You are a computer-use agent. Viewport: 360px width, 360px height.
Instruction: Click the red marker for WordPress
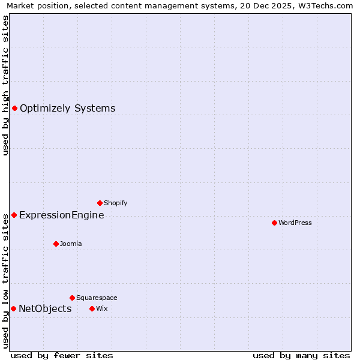tap(274, 223)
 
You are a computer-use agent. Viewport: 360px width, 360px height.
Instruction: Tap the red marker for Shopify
tap(100, 203)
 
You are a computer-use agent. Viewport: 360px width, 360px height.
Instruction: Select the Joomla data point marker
tap(56, 244)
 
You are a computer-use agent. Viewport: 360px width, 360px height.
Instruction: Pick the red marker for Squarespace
tap(72, 298)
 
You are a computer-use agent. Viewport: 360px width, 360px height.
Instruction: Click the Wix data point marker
tap(92, 308)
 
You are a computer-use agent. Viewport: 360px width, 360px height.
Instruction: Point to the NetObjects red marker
tap(13, 308)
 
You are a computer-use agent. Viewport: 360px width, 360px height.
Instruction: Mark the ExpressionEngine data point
tap(14, 215)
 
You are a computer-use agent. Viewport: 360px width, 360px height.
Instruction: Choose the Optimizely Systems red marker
tap(14, 108)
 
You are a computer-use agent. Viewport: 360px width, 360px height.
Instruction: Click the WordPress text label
tap(295, 223)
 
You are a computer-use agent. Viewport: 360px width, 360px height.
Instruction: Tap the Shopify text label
tap(115, 203)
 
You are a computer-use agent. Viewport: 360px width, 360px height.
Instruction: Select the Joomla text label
tap(71, 244)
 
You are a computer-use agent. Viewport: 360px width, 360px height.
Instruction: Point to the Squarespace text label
tap(97, 298)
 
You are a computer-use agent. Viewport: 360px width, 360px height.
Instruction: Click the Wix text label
tap(101, 308)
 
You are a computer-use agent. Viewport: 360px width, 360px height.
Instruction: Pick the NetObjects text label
tap(45, 308)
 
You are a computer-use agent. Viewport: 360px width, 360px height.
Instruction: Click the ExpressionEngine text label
tap(61, 215)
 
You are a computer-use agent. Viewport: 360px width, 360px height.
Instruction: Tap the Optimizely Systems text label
tap(67, 108)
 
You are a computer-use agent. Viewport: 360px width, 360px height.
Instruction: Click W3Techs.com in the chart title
tap(322, 5)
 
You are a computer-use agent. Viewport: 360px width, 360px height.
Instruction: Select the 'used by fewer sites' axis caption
tap(62, 355)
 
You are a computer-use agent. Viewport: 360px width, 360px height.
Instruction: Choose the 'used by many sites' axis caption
tap(301, 355)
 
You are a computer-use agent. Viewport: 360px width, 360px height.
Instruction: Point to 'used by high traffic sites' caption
tap(5, 85)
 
